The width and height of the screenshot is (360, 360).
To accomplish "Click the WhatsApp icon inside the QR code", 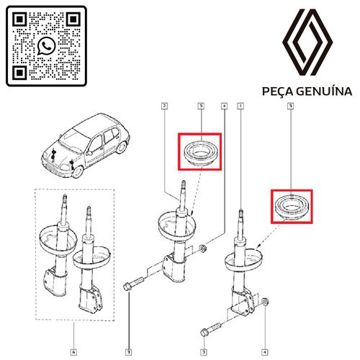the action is pyautogui.click(x=46, y=45).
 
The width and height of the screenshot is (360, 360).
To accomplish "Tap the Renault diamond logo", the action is pyautogui.click(x=307, y=42).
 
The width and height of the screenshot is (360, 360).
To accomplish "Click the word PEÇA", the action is pyautogui.click(x=277, y=91).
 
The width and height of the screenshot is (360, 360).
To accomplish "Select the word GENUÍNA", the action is pyautogui.click(x=324, y=91).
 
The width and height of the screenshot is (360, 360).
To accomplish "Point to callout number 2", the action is pyautogui.click(x=164, y=106).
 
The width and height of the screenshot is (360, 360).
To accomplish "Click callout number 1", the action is pyautogui.click(x=240, y=106).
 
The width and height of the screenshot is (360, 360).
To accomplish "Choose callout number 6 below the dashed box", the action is pyautogui.click(x=73, y=352).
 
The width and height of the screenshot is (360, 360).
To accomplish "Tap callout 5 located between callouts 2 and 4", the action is pyautogui.click(x=201, y=106).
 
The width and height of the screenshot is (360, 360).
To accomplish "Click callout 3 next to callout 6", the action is pyautogui.click(x=129, y=352).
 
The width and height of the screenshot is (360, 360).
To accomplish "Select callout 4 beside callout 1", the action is pyautogui.click(x=224, y=106).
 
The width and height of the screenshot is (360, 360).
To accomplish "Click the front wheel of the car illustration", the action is pyautogui.click(x=78, y=171).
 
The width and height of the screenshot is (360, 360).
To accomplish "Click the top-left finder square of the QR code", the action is pyautogui.click(x=19, y=19).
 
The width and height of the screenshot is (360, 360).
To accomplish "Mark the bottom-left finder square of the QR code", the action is pyautogui.click(x=19, y=73).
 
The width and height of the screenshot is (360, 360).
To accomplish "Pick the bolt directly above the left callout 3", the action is pyautogui.click(x=133, y=284).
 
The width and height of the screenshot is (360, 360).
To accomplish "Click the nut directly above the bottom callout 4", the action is pyautogui.click(x=266, y=302).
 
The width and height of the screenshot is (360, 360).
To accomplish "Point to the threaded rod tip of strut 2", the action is pyautogui.click(x=184, y=184).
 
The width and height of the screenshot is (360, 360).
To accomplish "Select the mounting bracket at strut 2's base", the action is pyautogui.click(x=174, y=268).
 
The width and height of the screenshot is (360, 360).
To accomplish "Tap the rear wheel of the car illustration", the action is pyautogui.click(x=122, y=147).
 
